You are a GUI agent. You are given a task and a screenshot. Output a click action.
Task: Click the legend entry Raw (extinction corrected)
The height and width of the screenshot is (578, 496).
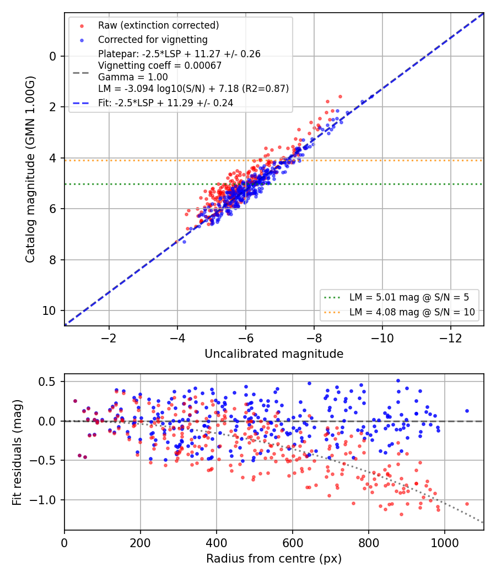[158, 25]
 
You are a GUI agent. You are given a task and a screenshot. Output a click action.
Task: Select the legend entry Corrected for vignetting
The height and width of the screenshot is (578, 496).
[153, 40]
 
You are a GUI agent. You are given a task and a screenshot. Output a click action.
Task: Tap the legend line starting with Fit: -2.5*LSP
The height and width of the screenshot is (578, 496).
[165, 103]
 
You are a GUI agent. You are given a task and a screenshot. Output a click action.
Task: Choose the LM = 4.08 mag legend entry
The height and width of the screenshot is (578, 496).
[412, 312]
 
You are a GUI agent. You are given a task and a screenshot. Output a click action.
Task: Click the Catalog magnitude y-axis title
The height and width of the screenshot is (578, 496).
[30, 170]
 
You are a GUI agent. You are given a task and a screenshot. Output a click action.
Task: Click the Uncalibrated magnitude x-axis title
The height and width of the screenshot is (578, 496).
[274, 354]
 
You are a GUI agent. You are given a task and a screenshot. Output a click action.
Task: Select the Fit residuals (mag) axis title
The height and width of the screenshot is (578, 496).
[17, 453]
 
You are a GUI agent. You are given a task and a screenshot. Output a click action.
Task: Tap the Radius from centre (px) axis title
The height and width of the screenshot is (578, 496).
[274, 559]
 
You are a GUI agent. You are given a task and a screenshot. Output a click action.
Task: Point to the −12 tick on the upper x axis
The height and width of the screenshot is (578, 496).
[451, 337]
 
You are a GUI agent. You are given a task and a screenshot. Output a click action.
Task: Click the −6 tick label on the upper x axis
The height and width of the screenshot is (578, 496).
[245, 337]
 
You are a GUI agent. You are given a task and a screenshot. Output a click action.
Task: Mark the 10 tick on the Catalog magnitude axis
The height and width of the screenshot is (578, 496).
[49, 311]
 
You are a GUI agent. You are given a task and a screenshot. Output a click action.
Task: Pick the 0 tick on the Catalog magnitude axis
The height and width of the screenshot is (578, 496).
[53, 56]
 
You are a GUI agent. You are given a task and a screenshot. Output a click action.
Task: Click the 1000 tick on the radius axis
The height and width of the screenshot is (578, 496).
[444, 543]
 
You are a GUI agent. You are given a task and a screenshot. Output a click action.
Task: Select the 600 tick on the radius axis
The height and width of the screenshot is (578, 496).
[293, 543]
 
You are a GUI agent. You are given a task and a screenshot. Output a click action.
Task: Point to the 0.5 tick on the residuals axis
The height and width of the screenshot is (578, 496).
[47, 381]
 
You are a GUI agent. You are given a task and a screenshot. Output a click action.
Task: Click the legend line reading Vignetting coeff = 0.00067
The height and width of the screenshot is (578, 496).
[160, 66]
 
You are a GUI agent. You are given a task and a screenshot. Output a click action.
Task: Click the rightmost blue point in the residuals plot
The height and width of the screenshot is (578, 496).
[467, 411]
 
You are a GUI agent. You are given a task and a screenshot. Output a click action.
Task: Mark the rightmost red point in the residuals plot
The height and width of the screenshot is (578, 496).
[467, 504]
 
